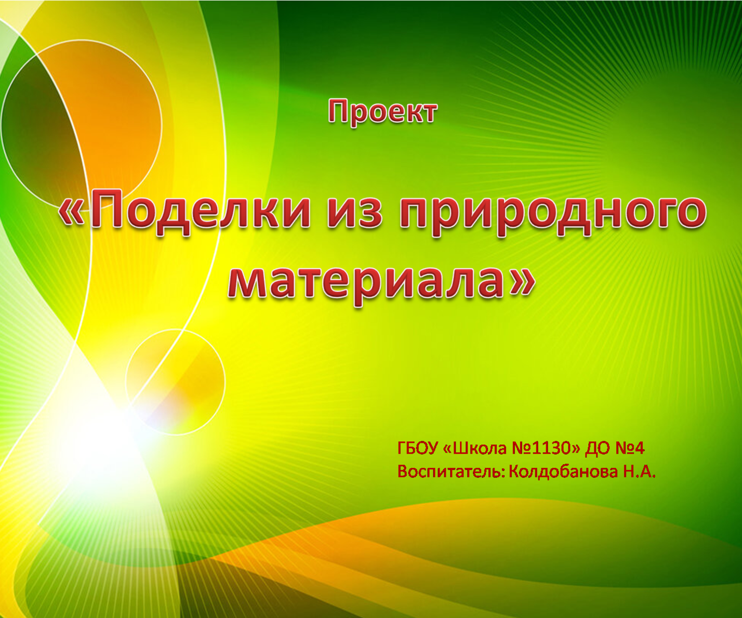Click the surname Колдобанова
pyautogui.click(x=563, y=472)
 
